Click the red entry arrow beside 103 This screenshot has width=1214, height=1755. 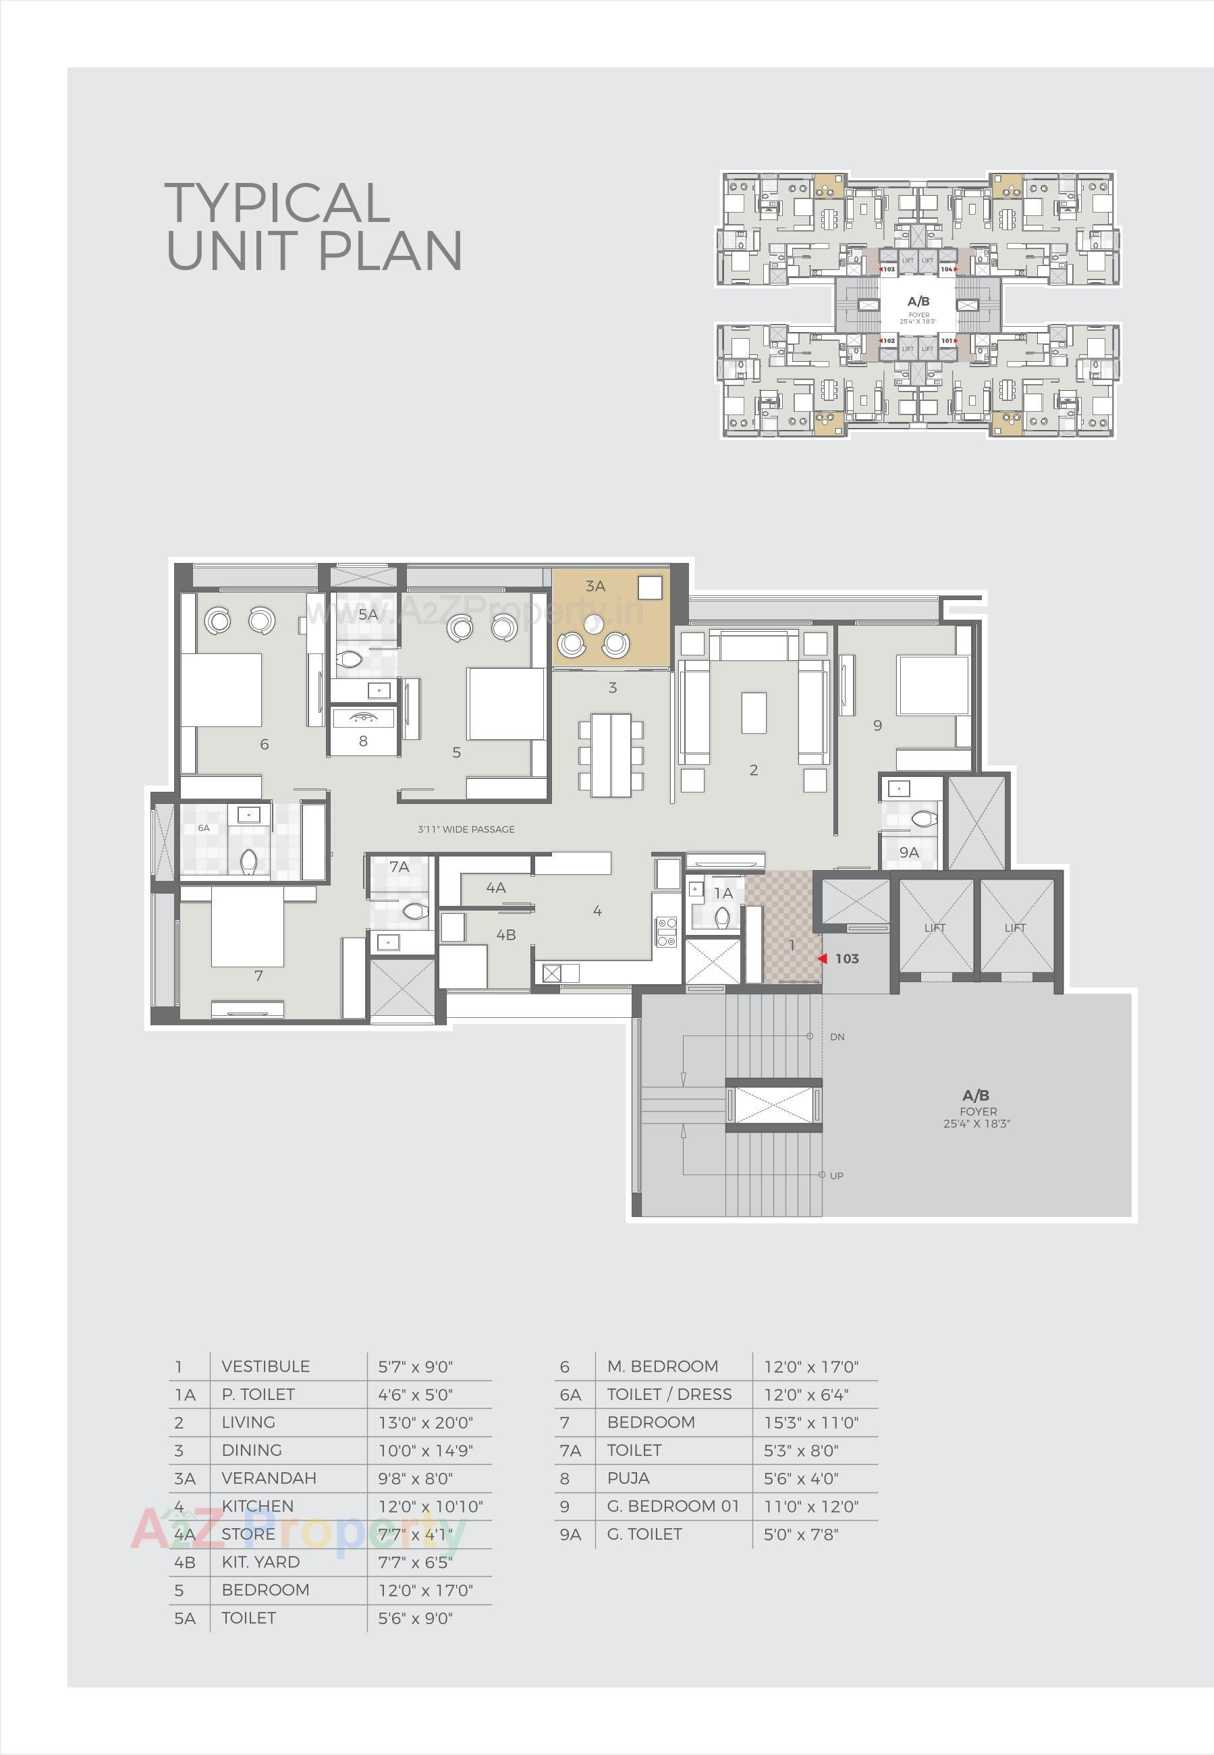click(x=822, y=959)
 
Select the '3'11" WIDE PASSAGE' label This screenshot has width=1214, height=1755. click(x=466, y=829)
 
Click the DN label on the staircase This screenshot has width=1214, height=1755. click(x=837, y=1037)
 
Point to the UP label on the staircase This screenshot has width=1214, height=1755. click(x=836, y=1175)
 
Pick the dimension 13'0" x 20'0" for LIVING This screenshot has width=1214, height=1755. click(x=425, y=1422)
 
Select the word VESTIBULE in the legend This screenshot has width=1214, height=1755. click(x=265, y=1366)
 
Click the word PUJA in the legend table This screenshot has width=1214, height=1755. click(x=628, y=1478)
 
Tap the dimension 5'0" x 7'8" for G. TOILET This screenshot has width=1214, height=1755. click(x=801, y=1534)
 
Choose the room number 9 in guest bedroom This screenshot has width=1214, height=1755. click(x=877, y=726)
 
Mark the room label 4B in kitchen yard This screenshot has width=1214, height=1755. click(x=506, y=935)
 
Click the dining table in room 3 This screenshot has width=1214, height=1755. click(x=611, y=755)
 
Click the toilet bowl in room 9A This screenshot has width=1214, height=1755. click(x=925, y=819)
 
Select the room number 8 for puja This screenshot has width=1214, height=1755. click(x=363, y=741)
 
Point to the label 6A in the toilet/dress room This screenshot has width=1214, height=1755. click(x=204, y=828)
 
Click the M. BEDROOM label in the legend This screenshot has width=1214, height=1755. click(x=662, y=1366)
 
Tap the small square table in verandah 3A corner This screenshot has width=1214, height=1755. click(x=650, y=587)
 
